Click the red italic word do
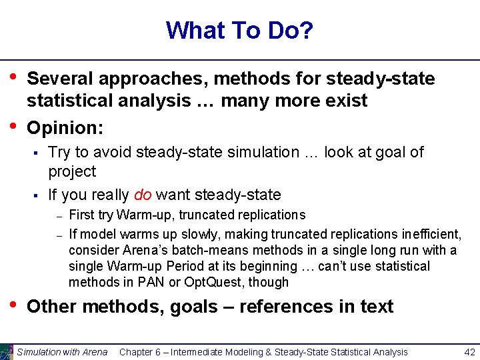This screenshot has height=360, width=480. click(x=142, y=195)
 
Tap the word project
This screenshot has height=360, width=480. click(x=72, y=171)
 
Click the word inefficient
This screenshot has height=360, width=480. click(x=431, y=234)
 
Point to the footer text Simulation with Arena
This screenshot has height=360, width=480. click(x=62, y=352)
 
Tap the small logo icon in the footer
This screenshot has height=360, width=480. click(x=7, y=351)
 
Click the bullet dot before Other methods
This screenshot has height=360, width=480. click(x=13, y=305)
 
